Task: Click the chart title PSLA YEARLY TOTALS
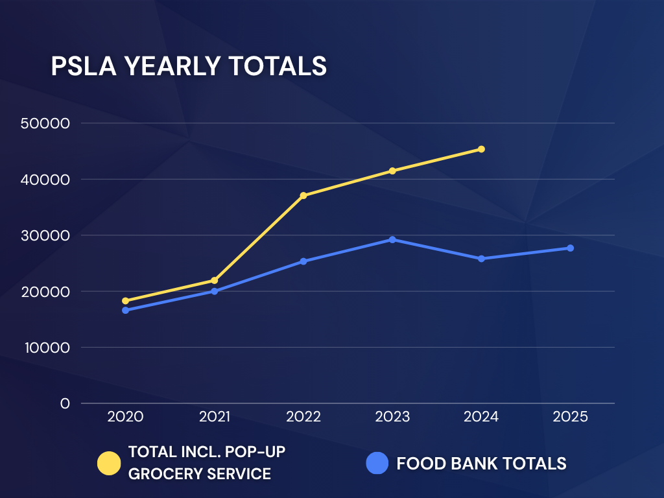(x=189, y=65)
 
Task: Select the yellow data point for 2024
(x=481, y=149)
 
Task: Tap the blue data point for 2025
(x=570, y=248)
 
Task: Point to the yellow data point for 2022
(x=303, y=196)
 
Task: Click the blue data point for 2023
(x=392, y=240)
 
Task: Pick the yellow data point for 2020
(x=125, y=301)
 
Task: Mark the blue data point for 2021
(x=214, y=291)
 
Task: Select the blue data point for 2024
(x=481, y=259)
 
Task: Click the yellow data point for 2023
(x=392, y=171)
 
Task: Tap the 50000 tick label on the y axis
(x=45, y=123)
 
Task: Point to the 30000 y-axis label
(x=45, y=235)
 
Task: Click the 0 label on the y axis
(x=65, y=403)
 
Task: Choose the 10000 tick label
(x=47, y=348)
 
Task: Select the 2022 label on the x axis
(x=303, y=417)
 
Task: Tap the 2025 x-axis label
(x=570, y=417)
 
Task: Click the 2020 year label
(x=125, y=417)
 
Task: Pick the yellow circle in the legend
(x=109, y=463)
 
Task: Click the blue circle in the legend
(x=377, y=463)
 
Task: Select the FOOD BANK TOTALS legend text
(x=482, y=464)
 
